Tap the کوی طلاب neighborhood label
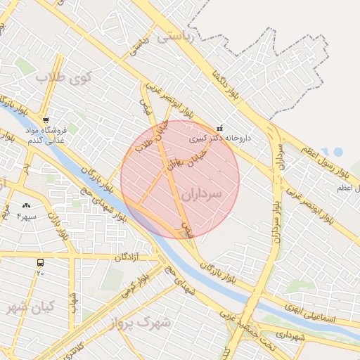pyautogui.click(x=60, y=77)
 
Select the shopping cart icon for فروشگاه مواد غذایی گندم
pyautogui.click(x=46, y=121)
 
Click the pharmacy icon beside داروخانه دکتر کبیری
pyautogui.click(x=220, y=129)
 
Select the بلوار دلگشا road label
pyautogui.click(x=229, y=84)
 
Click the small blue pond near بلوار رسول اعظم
pyautogui.click(x=337, y=151)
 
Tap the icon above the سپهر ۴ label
pyautogui.click(x=27, y=205)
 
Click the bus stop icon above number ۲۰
pyautogui.click(x=40, y=262)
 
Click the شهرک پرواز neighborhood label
pyautogui.click(x=141, y=323)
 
